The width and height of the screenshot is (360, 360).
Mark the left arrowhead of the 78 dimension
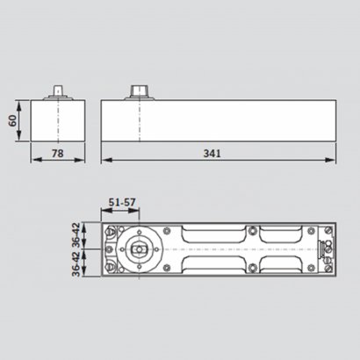point(33,162)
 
